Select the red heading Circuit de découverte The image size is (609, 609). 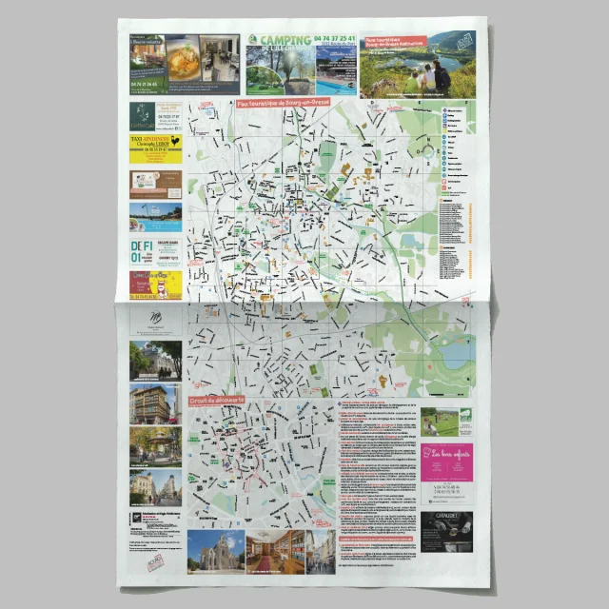(216, 401)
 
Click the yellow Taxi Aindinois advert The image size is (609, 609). (155, 148)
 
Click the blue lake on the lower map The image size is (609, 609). (455, 354)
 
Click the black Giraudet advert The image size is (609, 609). (446, 532)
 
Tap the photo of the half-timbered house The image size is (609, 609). (154, 360)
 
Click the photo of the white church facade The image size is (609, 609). (216, 551)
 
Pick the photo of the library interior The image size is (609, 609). (276, 551)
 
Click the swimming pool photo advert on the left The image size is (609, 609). (155, 217)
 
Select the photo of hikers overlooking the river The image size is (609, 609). (425, 72)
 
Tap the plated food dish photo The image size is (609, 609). (183, 61)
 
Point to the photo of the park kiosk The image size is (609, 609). (154, 445)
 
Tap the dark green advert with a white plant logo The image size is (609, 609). (142, 115)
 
